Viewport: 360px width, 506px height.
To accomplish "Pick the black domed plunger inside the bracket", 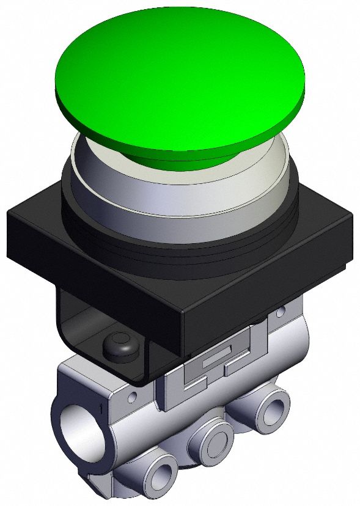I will tap(120, 345).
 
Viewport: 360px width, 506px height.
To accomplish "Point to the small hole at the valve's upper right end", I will tap(280, 313).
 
